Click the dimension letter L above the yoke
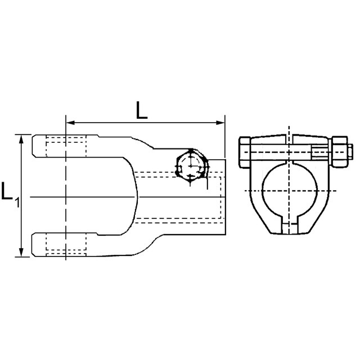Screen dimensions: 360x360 (141, 110)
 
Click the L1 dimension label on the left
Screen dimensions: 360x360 (10, 194)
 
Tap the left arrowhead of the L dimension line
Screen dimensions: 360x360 (70, 123)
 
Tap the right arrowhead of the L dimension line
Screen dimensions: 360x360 (220, 123)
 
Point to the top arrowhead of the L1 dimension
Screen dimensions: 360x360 (21, 139)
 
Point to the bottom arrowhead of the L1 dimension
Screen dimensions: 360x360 (21, 252)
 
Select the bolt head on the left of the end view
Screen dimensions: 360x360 (245, 152)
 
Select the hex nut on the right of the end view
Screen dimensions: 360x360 (340, 152)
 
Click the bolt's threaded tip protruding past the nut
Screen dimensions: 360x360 (350, 152)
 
